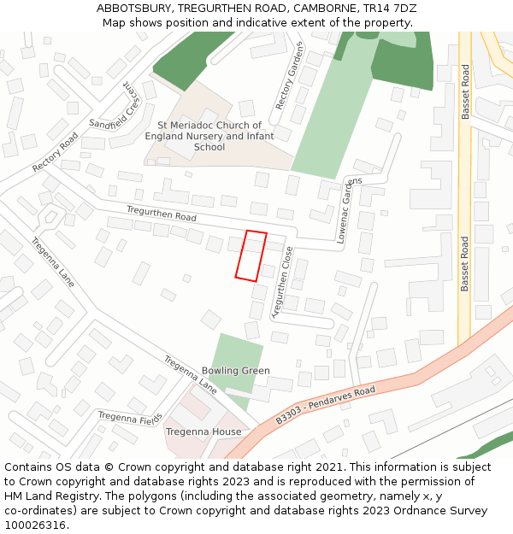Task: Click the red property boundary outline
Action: pyautogui.click(x=251, y=255)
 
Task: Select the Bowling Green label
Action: pyautogui.click(x=235, y=371)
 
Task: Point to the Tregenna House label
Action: pyautogui.click(x=203, y=431)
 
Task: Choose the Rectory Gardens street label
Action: pyautogui.click(x=289, y=75)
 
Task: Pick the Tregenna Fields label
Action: pyautogui.click(x=129, y=418)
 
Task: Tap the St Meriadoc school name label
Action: pyautogui.click(x=209, y=136)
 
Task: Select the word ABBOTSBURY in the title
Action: pyautogui.click(x=133, y=8)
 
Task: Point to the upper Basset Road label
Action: pyautogui.click(x=466, y=91)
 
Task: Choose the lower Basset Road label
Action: pyautogui.click(x=465, y=263)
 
